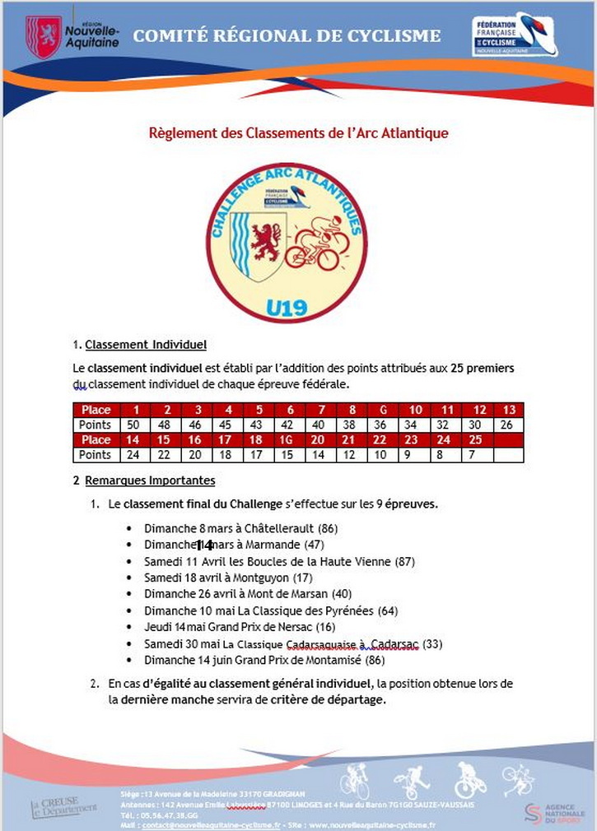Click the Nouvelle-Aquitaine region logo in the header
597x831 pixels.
tap(72, 35)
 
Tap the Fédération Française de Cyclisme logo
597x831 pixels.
tap(514, 35)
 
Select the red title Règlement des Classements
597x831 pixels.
tap(298, 132)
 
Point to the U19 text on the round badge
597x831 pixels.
tap(287, 308)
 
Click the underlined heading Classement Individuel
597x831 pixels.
tap(146, 345)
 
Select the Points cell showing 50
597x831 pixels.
tap(132, 425)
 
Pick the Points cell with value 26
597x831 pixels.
tap(509, 425)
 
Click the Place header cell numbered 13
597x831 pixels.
tap(509, 410)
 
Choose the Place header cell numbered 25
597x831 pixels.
tap(474, 440)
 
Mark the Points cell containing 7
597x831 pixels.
tap(474, 455)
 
